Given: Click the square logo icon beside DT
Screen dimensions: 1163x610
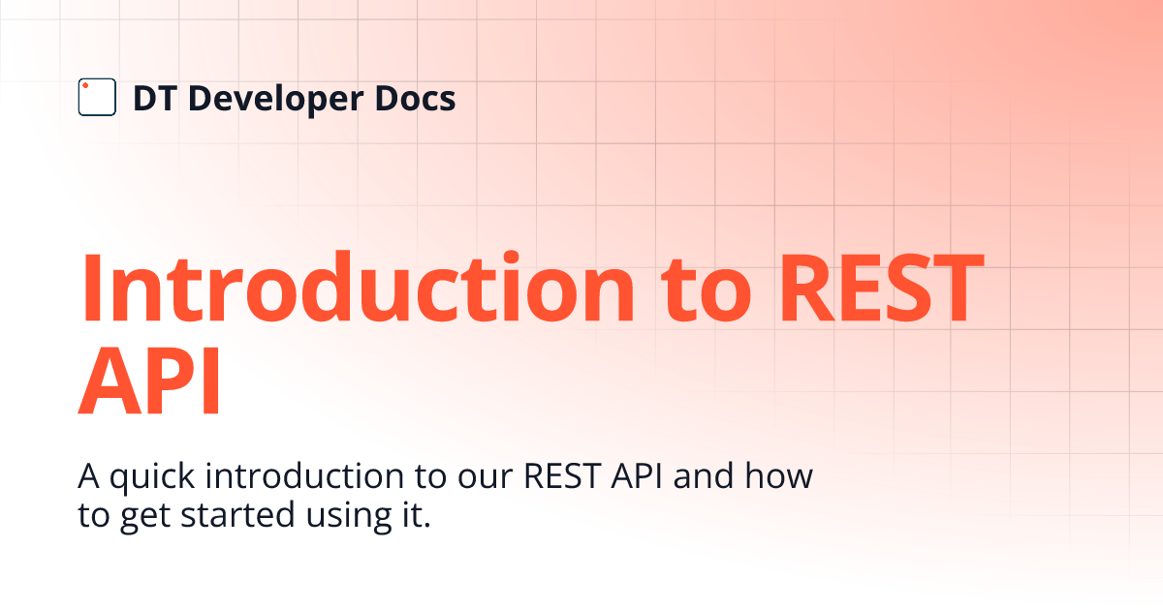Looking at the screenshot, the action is pyautogui.click(x=97, y=97).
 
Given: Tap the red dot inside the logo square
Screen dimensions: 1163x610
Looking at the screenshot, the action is pyautogui.click(x=85, y=85).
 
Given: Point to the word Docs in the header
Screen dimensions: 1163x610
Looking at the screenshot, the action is pyautogui.click(x=416, y=99).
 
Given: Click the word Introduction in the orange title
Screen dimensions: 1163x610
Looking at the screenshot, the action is pyautogui.click(x=357, y=287).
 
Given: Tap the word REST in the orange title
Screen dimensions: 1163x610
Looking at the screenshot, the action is pyautogui.click(x=882, y=289).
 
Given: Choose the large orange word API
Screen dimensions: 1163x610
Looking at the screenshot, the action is pyautogui.click(x=149, y=381).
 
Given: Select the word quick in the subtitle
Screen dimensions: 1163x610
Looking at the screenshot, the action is pyautogui.click(x=151, y=477).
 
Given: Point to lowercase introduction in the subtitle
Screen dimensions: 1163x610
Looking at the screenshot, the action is pyautogui.click(x=304, y=475).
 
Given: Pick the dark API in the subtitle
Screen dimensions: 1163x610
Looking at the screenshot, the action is pyautogui.click(x=637, y=476).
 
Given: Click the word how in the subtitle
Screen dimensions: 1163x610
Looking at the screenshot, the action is pyautogui.click(x=779, y=475).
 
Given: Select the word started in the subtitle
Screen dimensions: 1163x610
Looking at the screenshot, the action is pyautogui.click(x=237, y=515).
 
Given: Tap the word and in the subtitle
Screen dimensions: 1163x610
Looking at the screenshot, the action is pyautogui.click(x=704, y=475).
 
